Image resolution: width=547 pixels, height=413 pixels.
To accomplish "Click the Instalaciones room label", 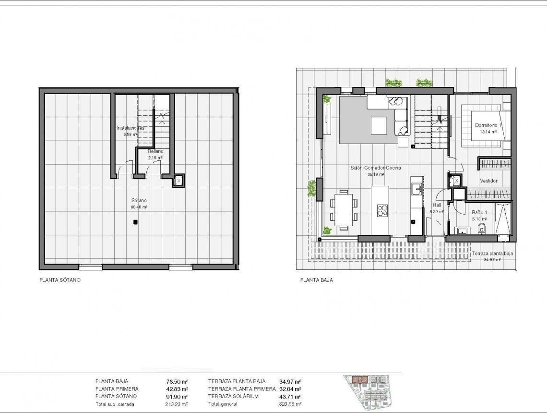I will [x=131, y=128].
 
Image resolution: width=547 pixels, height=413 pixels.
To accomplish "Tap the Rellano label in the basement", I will [x=155, y=151].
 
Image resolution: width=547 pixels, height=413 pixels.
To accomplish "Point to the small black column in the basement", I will [x=136, y=222].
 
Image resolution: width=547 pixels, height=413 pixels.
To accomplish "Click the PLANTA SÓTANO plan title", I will [x=60, y=280].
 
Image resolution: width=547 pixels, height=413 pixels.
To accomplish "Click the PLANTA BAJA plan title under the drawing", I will [x=316, y=280].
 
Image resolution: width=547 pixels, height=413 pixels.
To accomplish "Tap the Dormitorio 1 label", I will [x=488, y=125].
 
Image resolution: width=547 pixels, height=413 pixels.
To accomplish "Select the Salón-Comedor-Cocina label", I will [x=376, y=168].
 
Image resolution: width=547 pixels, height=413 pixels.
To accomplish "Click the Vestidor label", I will [x=488, y=181].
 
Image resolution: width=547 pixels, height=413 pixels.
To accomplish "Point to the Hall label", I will [x=437, y=205].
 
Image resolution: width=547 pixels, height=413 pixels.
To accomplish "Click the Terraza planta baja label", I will [x=492, y=254].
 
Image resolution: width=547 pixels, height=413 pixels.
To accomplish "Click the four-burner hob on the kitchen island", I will [x=382, y=210].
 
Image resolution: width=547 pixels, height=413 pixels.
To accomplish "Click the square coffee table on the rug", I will [x=379, y=126].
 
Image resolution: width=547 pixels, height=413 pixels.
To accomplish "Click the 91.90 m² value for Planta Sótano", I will [x=177, y=396].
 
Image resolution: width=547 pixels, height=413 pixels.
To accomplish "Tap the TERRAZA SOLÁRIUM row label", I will [x=233, y=396].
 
